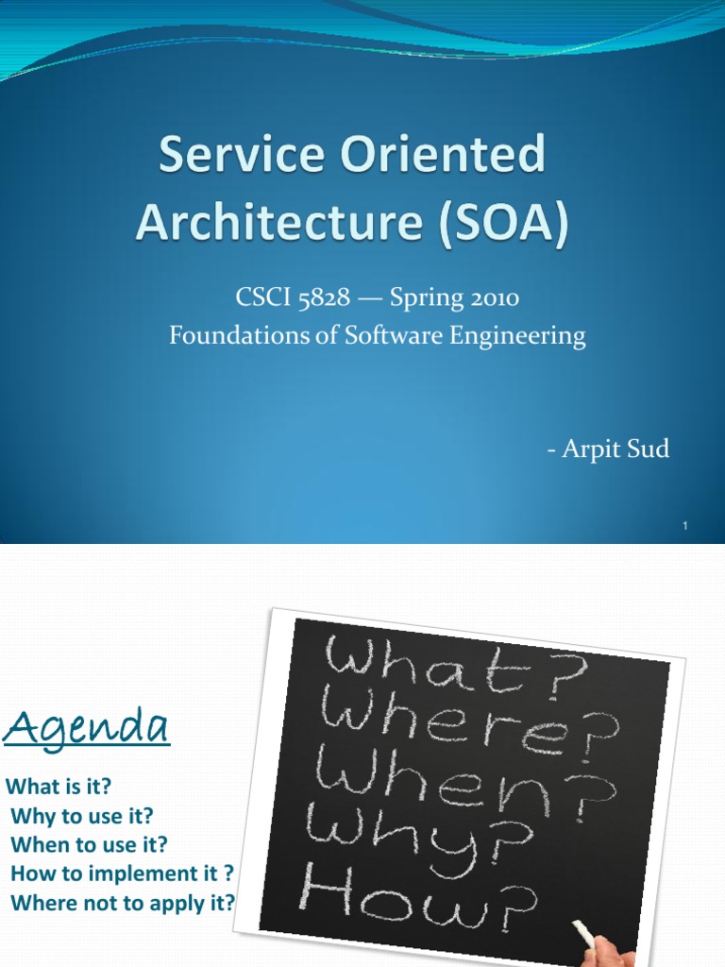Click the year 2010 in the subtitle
[488, 299]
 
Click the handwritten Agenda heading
[88, 728]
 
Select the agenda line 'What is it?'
[59, 787]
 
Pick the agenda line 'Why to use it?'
[81, 815]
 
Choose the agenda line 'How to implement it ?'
[122, 874]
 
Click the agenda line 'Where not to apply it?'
[123, 902]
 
